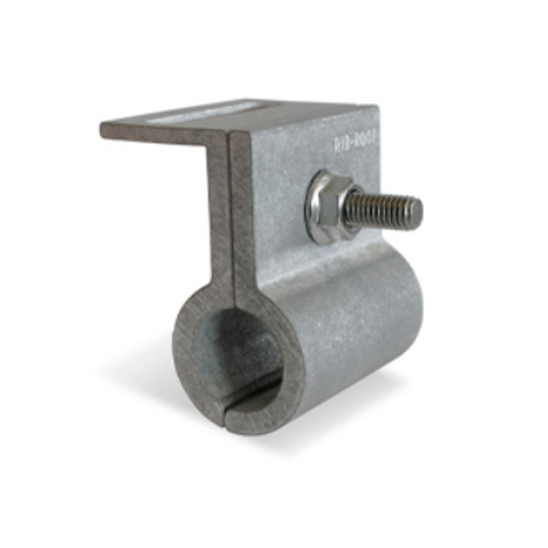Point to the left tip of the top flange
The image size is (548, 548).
[105, 129]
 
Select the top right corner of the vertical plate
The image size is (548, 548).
[375, 109]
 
